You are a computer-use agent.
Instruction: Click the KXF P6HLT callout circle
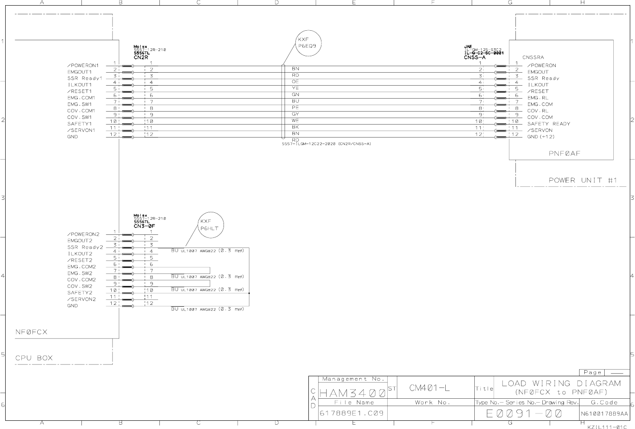(x=211, y=225)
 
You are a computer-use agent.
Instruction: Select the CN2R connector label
(x=141, y=57)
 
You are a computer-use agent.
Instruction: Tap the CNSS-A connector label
(x=474, y=57)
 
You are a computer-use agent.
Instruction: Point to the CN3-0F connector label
(x=144, y=226)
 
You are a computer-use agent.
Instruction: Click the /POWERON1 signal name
(x=83, y=66)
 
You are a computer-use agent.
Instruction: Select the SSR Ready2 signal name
(x=85, y=247)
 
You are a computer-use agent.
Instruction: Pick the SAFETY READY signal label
(x=548, y=124)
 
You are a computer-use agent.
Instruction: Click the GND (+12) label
(x=541, y=137)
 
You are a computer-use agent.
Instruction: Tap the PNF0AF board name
(x=564, y=153)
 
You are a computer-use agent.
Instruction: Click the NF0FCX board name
(x=31, y=332)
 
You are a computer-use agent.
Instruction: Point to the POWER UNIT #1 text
(x=583, y=180)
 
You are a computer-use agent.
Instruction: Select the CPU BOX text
(x=34, y=358)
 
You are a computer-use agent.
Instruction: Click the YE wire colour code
(x=295, y=88)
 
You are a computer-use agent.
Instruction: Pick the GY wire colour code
(x=295, y=114)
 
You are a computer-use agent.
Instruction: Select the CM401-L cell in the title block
(x=429, y=388)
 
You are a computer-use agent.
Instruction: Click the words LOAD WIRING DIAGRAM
(x=561, y=383)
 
